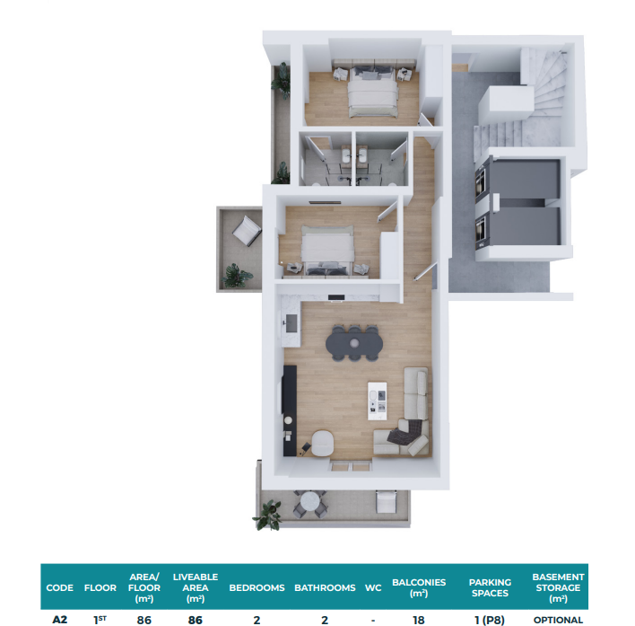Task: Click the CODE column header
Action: pos(59,587)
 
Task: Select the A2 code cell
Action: pos(59,620)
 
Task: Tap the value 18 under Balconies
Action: pos(418,620)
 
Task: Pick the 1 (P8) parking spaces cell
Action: pos(490,620)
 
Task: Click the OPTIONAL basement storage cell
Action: pos(558,620)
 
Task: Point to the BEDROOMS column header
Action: pos(257,587)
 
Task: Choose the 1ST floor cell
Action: pos(100,620)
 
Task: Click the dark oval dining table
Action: pos(354,343)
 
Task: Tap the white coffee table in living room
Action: pos(377,401)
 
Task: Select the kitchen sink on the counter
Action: pos(291,323)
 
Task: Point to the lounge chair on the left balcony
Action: pos(247,231)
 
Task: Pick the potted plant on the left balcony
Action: pos(237,276)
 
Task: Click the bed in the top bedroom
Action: pos(373,92)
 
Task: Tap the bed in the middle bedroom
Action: pos(327,251)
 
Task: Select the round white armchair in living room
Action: pos(323,443)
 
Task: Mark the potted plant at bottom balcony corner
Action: pos(268,516)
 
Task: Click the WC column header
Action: pos(373,587)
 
